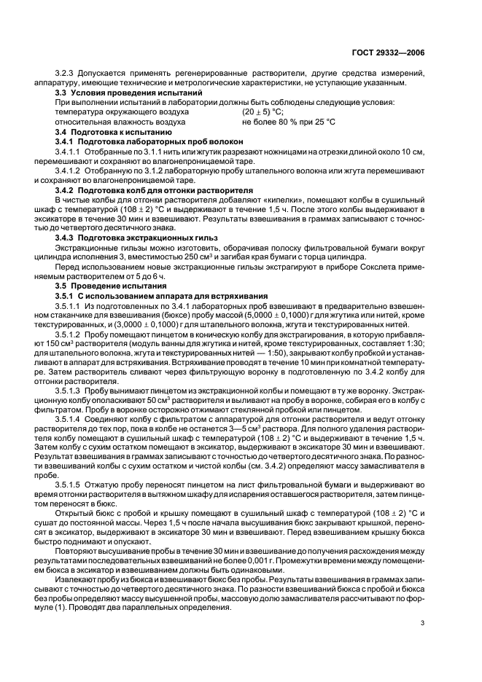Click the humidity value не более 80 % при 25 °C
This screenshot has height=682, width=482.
(x=288, y=122)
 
